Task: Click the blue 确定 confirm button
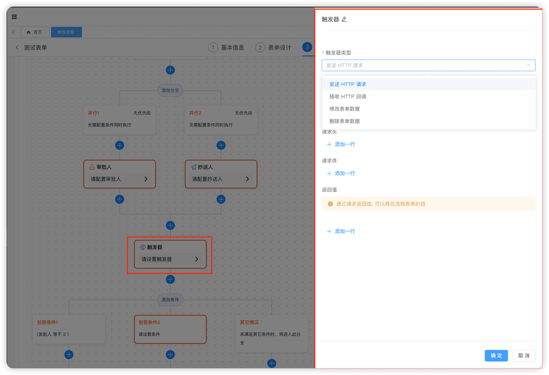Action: point(496,355)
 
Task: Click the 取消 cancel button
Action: point(524,355)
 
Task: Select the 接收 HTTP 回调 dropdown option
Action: point(348,96)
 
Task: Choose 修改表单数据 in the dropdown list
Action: point(344,109)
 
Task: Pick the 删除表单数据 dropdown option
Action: point(344,121)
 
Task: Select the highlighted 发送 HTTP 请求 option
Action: point(348,85)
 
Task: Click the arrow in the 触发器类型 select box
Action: point(528,66)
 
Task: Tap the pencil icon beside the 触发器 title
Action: point(344,19)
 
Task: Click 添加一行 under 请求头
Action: point(341,144)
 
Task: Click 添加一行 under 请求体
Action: point(341,173)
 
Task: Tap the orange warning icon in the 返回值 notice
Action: point(330,204)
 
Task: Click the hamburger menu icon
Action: point(14,17)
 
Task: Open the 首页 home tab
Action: point(35,32)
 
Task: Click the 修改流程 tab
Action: point(66,32)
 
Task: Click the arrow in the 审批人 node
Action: point(146,179)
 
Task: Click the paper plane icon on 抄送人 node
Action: point(194,167)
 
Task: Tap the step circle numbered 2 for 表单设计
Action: point(260,48)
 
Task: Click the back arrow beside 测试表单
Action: point(17,48)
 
